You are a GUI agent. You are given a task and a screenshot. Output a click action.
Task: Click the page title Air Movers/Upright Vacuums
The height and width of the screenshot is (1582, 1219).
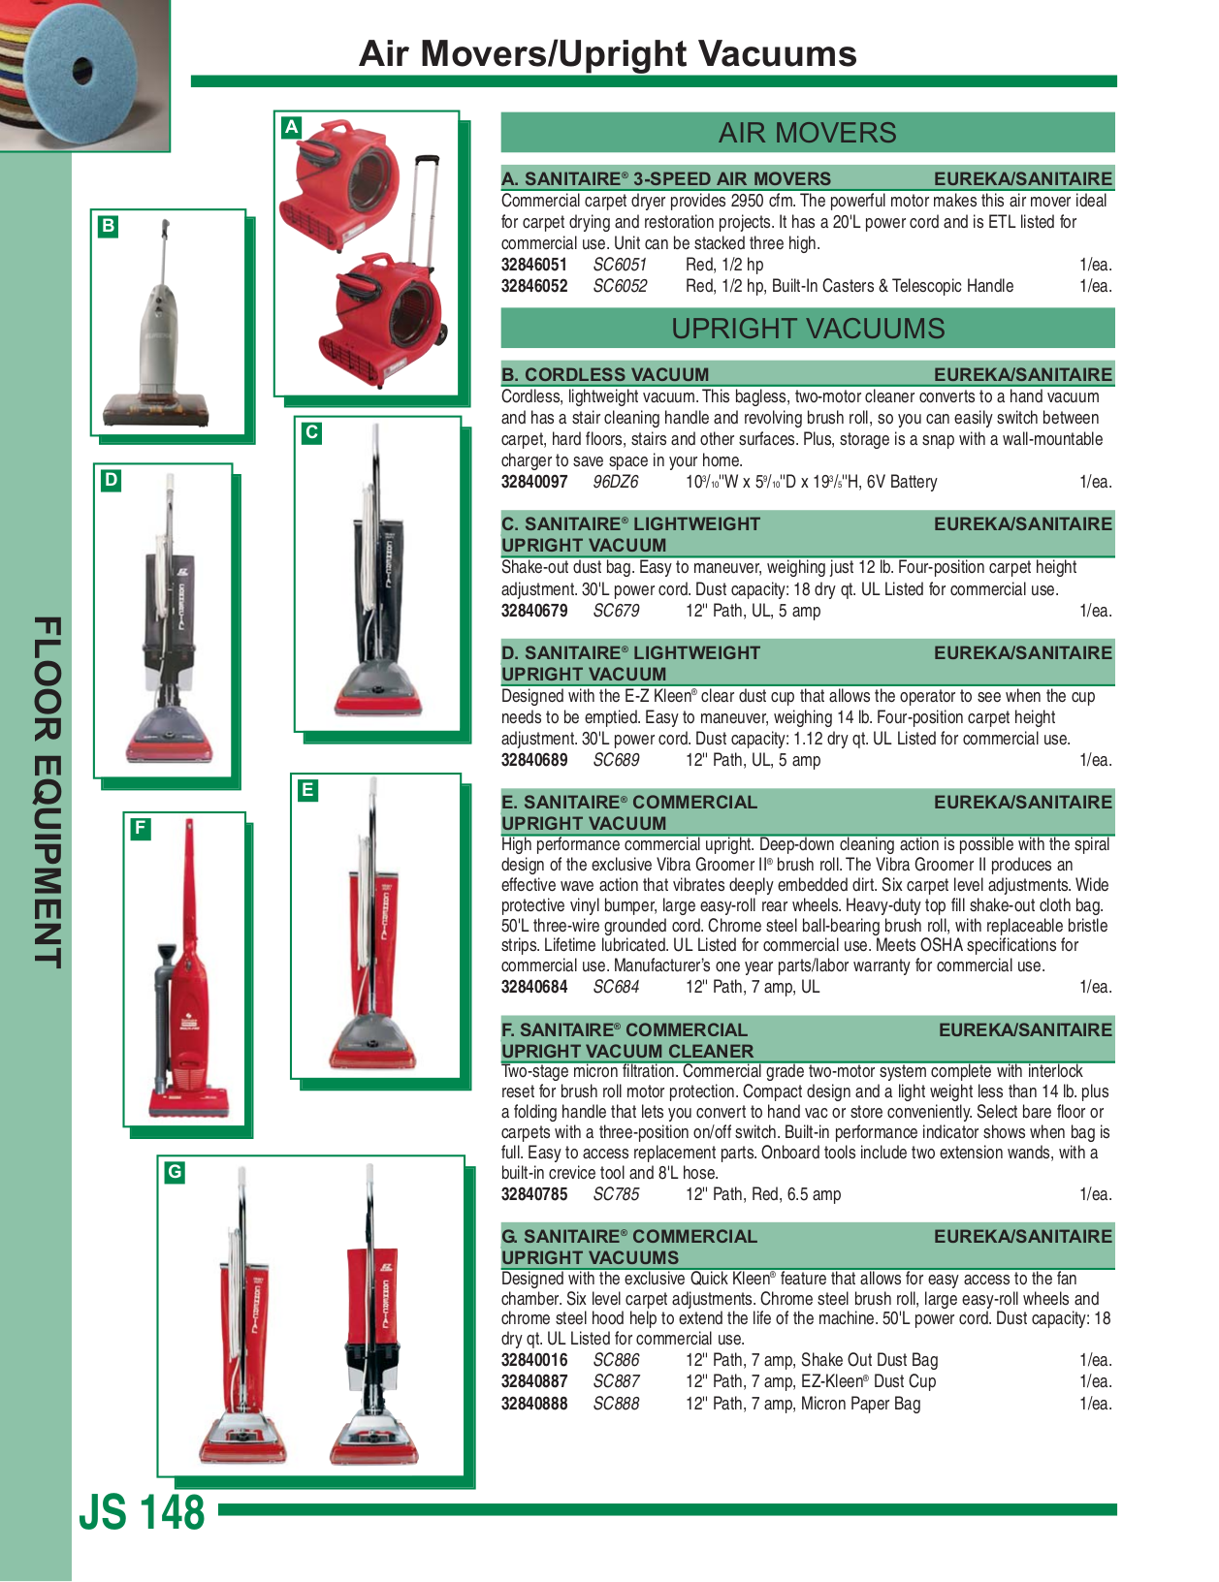tap(607, 54)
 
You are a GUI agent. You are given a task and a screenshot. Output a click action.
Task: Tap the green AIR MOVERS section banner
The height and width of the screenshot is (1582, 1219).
tap(807, 133)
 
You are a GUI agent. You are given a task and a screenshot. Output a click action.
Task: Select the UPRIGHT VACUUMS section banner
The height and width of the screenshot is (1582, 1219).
tap(807, 329)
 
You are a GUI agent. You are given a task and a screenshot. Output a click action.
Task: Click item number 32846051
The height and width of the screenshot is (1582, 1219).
tap(533, 265)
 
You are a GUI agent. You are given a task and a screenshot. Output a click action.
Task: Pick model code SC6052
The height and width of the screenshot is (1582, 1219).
tap(620, 286)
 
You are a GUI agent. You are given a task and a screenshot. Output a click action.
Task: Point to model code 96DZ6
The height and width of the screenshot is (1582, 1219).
tap(616, 482)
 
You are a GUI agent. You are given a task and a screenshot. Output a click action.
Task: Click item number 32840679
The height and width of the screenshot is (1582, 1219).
tap(533, 611)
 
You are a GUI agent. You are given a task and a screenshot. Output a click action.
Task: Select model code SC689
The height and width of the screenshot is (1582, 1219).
tap(616, 760)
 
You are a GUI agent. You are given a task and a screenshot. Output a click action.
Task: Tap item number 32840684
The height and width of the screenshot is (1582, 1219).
tap(533, 987)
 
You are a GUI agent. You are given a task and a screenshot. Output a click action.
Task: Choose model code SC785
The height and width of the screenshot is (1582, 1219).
tap(616, 1194)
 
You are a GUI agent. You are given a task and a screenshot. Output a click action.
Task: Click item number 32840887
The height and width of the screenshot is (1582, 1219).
tap(533, 1381)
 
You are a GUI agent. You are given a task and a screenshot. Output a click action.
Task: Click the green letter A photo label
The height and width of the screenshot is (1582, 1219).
tap(291, 127)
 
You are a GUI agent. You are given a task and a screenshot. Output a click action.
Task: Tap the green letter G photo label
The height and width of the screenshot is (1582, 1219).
tap(175, 1172)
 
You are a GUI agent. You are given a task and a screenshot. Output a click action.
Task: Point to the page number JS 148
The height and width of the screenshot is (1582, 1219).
tap(143, 1512)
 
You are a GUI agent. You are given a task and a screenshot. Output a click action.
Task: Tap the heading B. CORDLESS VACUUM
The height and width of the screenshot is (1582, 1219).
tap(605, 374)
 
